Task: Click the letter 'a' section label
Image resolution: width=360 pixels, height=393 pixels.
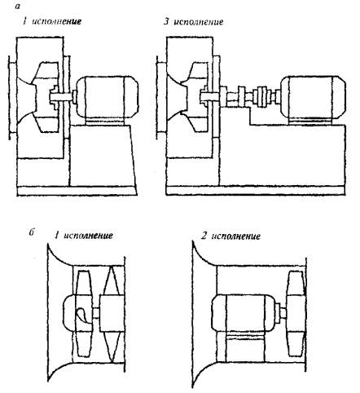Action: tap(18, 7)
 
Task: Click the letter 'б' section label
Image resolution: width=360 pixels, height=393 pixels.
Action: tap(32, 232)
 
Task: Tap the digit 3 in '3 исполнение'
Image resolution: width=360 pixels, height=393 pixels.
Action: tap(166, 21)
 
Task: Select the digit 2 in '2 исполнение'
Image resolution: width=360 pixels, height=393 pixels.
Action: tap(204, 236)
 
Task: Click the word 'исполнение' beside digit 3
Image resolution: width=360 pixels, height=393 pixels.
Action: tap(198, 22)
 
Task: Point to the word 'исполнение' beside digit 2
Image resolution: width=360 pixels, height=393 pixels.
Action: tap(235, 236)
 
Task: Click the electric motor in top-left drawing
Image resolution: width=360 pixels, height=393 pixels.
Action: tap(107, 98)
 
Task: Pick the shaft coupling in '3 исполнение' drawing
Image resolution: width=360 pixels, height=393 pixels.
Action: tap(262, 97)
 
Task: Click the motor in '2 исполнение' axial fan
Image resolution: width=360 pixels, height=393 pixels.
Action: tap(244, 313)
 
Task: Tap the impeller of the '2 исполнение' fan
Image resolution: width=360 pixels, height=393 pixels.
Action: tap(296, 313)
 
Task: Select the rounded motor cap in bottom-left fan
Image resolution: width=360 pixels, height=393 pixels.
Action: tap(68, 313)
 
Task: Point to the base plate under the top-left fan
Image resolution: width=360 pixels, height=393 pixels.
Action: tap(77, 191)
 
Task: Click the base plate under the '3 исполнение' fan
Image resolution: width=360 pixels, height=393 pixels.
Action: tap(256, 191)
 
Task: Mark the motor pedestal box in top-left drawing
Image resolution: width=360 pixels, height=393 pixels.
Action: tap(102, 156)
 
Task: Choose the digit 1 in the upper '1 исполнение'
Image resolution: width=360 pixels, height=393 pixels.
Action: tap(24, 21)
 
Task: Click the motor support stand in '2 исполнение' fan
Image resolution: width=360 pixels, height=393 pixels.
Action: tap(244, 348)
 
